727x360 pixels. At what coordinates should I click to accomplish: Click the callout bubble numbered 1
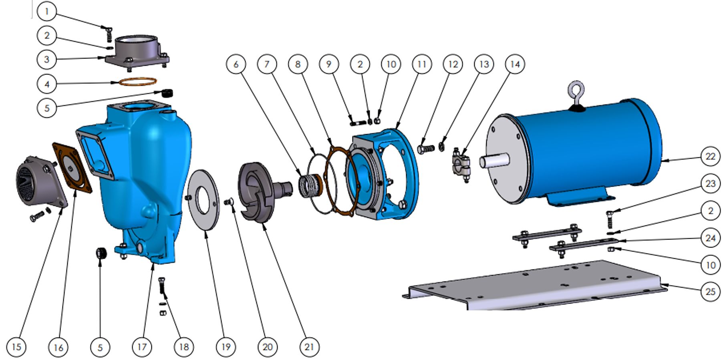[47, 12]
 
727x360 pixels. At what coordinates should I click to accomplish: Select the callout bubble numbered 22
[710, 156]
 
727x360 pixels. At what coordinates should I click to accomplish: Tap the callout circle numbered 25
[710, 291]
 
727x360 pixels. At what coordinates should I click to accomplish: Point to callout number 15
[16, 346]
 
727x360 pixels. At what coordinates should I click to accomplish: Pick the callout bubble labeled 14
[515, 64]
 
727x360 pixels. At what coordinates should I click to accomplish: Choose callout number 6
[236, 64]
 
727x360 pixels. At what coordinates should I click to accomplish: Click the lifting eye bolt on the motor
[576, 94]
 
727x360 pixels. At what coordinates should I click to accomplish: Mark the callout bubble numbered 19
[226, 346]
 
